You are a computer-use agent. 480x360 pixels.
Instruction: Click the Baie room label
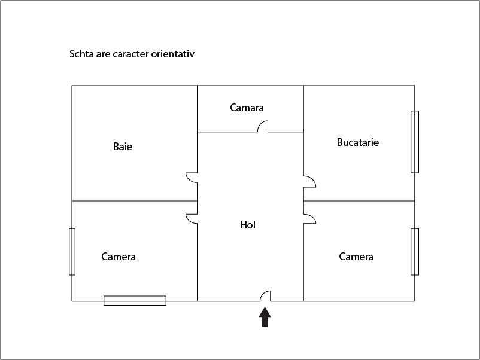click(x=123, y=147)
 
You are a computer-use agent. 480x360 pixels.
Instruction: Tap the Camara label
click(x=247, y=108)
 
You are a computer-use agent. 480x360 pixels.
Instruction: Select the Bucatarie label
click(x=358, y=142)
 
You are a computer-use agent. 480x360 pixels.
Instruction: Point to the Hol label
click(x=248, y=225)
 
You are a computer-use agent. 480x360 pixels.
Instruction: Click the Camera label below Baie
click(x=119, y=257)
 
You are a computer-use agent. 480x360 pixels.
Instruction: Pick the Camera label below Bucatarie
click(x=356, y=257)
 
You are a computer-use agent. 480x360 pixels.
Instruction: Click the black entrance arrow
click(x=265, y=317)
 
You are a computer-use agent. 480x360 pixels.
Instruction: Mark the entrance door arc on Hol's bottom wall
click(x=265, y=295)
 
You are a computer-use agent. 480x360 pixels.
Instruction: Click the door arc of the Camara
click(x=262, y=126)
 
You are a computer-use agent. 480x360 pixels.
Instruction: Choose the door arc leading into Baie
click(x=192, y=178)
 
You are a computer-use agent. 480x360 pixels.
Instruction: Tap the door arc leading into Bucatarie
click(x=309, y=182)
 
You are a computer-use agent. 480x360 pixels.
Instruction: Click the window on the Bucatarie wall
click(x=415, y=142)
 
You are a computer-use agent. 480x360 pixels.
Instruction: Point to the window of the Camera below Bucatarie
click(x=415, y=252)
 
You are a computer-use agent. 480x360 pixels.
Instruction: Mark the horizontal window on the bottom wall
click(x=135, y=300)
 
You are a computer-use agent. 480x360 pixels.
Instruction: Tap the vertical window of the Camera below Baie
click(x=72, y=252)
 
